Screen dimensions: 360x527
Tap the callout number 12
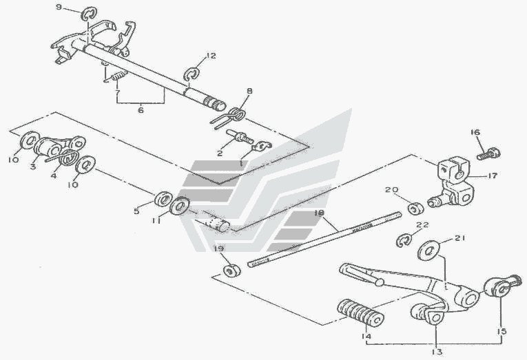pos(211,56)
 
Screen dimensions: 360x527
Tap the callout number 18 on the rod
pos(319,214)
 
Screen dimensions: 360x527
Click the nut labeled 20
pos(415,208)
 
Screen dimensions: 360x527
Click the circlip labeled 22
pos(405,240)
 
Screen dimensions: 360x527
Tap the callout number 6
pos(142,109)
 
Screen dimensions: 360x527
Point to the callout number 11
pos(156,222)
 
